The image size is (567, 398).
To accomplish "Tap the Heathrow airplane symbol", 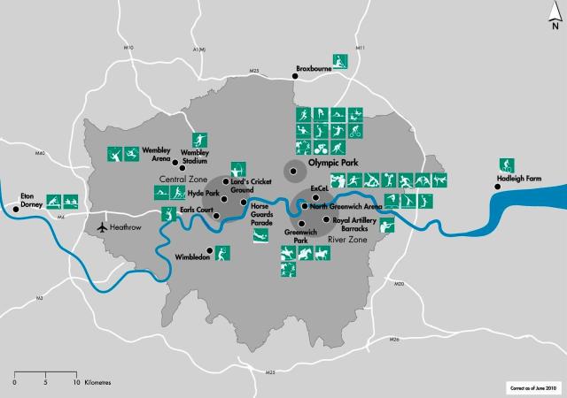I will tap(104, 227).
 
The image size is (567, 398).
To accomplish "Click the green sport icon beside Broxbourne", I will tap(340, 61).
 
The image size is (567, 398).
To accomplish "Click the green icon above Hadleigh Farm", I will tap(507, 165).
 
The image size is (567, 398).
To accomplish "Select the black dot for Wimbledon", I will tap(210, 249).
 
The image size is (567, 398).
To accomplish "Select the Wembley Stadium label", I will tap(194, 157).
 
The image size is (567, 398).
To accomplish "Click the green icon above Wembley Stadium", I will tap(200, 138).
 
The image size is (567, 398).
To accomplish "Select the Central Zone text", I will tap(176, 179).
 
